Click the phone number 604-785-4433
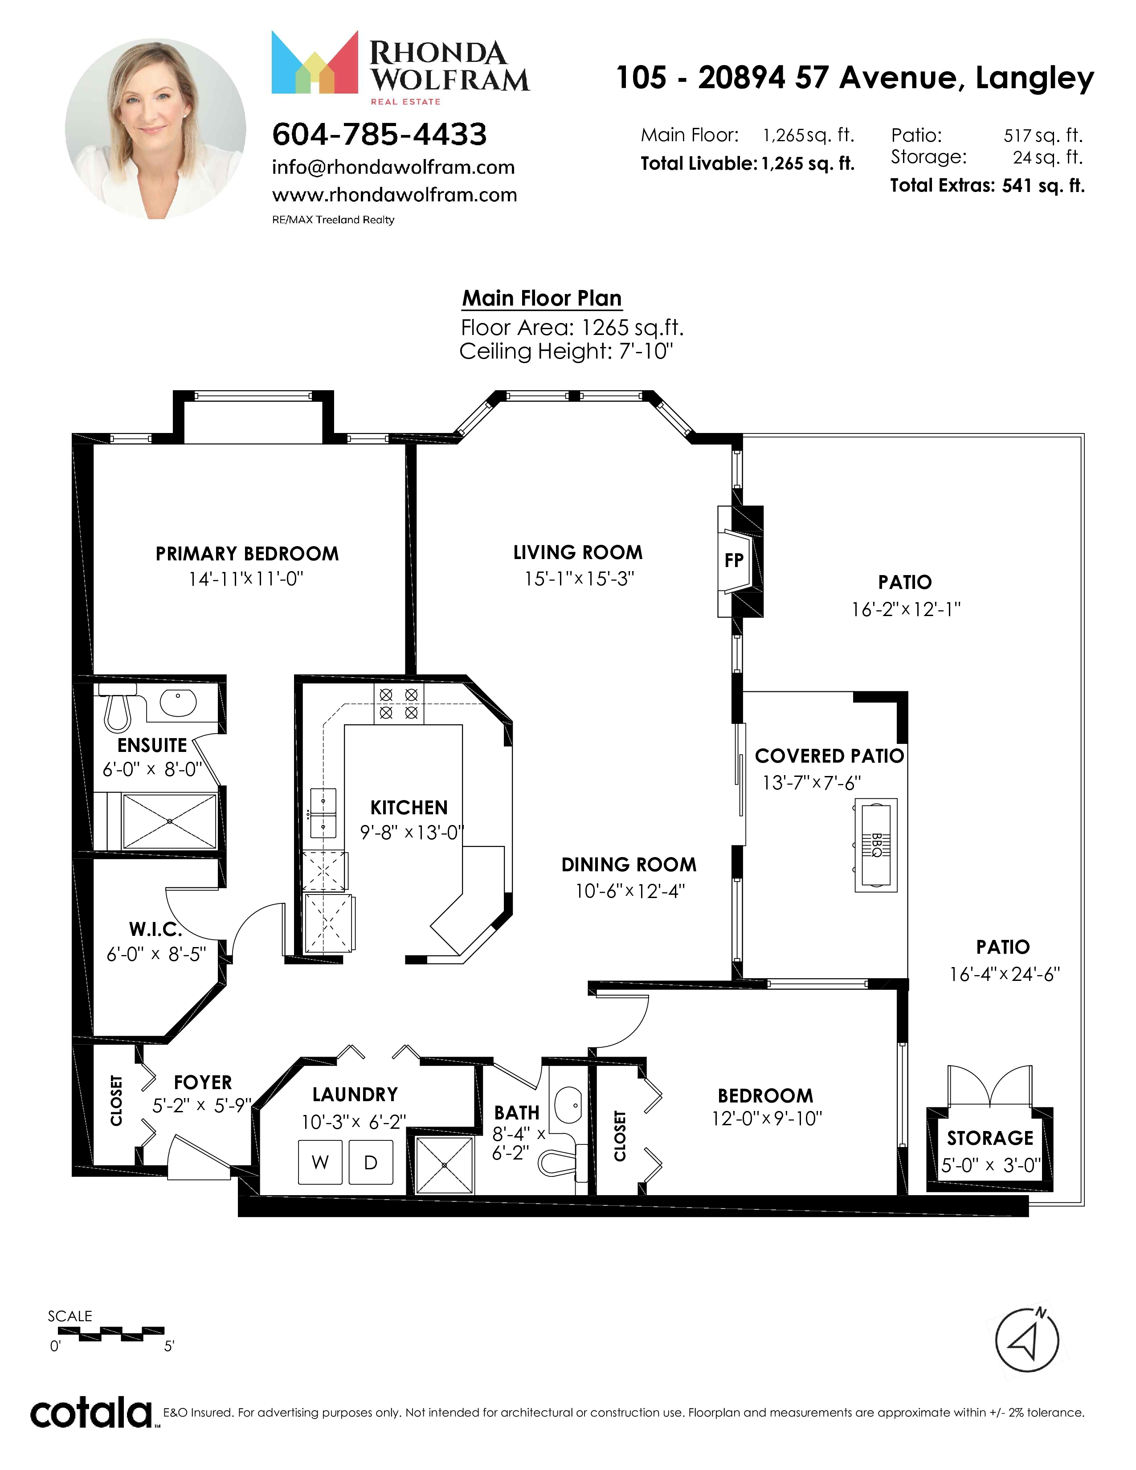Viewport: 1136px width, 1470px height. (379, 135)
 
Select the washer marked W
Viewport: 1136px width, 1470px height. (320, 1162)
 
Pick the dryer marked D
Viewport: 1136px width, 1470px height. (371, 1162)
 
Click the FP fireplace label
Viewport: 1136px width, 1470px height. (734, 560)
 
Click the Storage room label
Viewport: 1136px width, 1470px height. (990, 1138)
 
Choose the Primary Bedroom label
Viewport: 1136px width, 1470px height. (247, 554)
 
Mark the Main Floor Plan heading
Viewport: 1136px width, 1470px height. (542, 298)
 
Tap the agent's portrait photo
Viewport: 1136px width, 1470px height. (155, 129)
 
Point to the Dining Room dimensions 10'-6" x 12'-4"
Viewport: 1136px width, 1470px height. (630, 891)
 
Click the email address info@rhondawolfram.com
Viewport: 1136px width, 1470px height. (393, 167)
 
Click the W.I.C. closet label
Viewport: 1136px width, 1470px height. (155, 930)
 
